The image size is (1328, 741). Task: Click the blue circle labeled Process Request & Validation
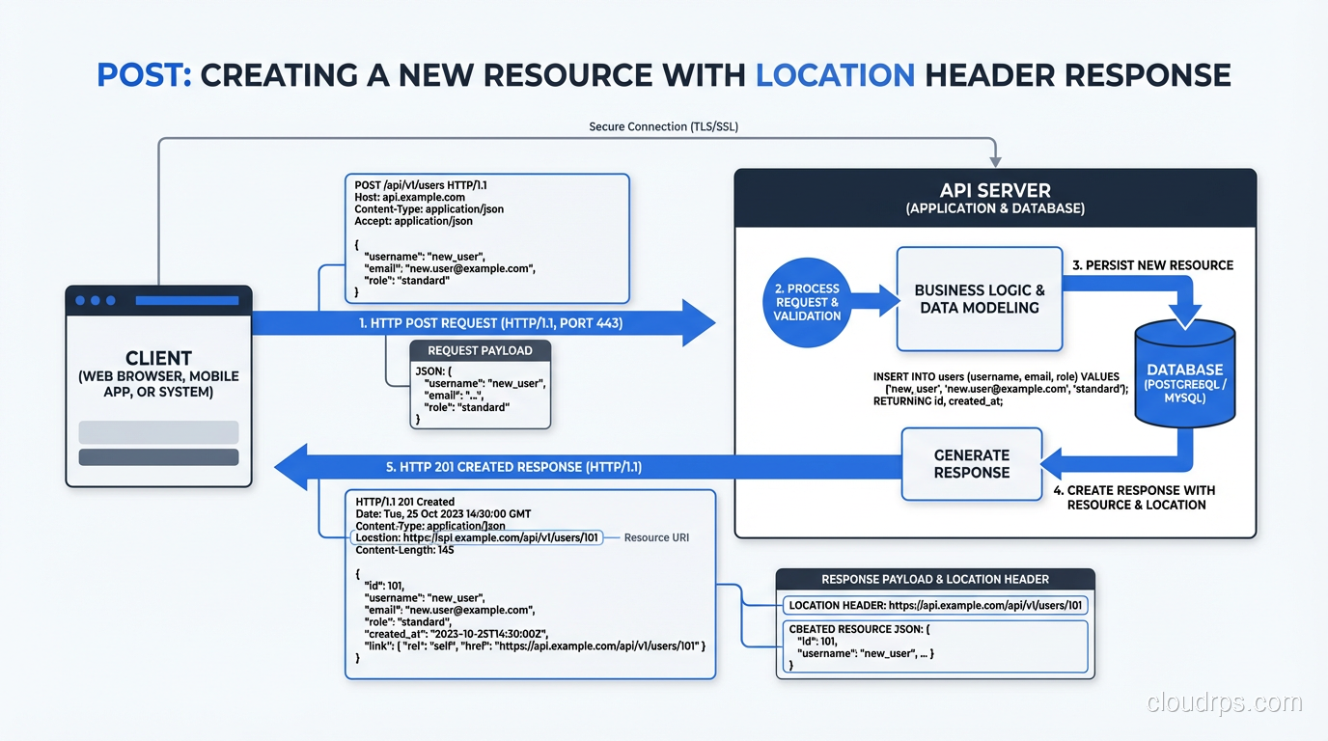[x=813, y=301]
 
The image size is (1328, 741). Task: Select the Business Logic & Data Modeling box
[x=979, y=299]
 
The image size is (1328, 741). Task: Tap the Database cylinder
[x=1184, y=376]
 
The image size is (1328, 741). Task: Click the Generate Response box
[x=971, y=464]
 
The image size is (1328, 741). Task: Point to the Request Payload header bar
[x=480, y=351]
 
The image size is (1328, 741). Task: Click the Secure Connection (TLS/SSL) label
[x=663, y=126]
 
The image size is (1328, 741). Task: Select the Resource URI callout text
[x=656, y=537]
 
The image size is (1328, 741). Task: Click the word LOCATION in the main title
[x=835, y=74]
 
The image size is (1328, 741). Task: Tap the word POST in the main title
[x=143, y=74]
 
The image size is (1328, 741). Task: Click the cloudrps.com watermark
[x=1224, y=702]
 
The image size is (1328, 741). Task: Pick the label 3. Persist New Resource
[x=1152, y=265]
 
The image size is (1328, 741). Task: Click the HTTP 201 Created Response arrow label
[x=513, y=467]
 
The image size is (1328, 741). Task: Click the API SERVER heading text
[x=995, y=190]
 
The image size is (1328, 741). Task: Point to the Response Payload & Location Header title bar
[x=934, y=579]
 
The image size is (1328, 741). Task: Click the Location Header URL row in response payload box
[x=934, y=606]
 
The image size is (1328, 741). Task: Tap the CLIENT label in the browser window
[x=158, y=358]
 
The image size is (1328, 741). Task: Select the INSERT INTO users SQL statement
[x=1000, y=389]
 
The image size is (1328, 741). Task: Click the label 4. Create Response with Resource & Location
[x=1136, y=497]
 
